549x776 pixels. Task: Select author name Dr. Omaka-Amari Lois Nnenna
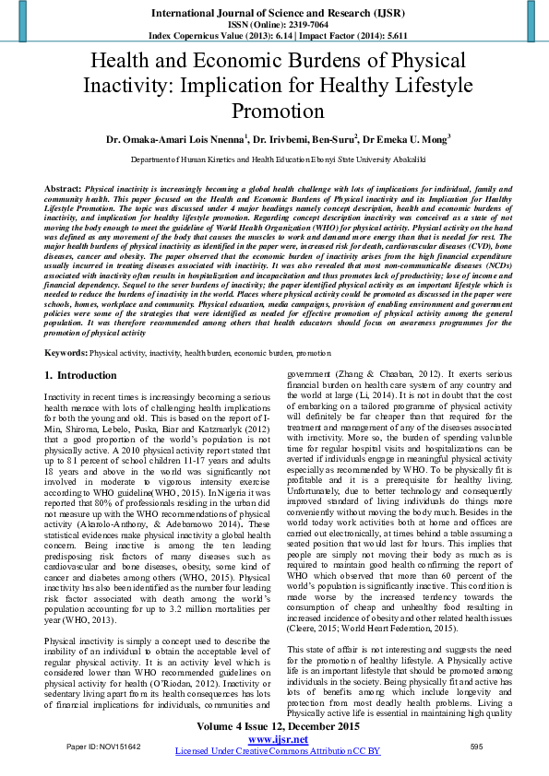175,140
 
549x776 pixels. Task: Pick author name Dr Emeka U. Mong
404,140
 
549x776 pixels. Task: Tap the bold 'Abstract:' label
62,187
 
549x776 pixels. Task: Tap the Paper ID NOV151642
102,746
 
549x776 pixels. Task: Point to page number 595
476,746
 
